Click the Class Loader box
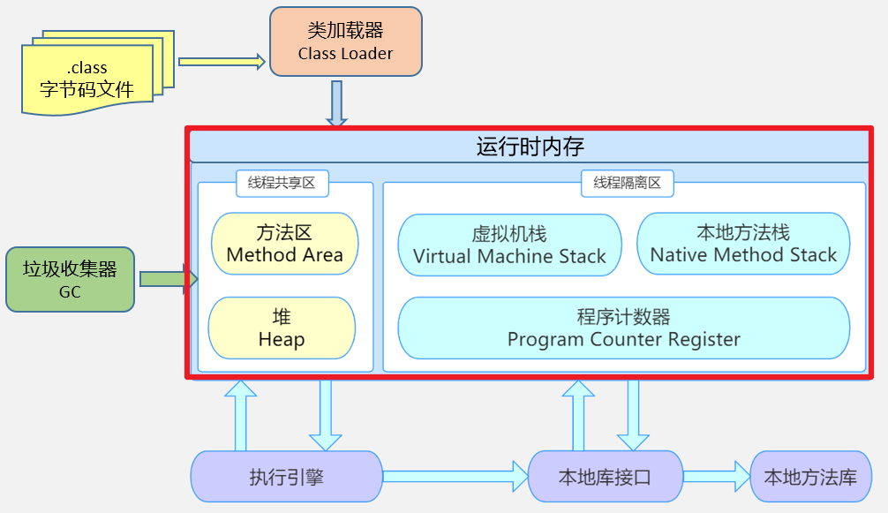click(x=345, y=41)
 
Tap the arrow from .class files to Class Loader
click(x=222, y=61)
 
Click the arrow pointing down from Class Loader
click(x=336, y=103)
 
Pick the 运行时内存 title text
click(x=530, y=146)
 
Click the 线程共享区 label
click(x=282, y=183)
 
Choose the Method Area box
click(x=284, y=244)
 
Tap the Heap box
click(x=282, y=328)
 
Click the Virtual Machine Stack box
click(x=509, y=245)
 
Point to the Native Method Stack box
click(x=743, y=244)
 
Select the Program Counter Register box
click(x=623, y=328)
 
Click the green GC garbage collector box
click(x=70, y=279)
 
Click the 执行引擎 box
click(x=286, y=478)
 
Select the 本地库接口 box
click(x=605, y=478)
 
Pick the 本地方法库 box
click(x=809, y=478)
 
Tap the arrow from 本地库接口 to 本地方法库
click(x=716, y=477)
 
